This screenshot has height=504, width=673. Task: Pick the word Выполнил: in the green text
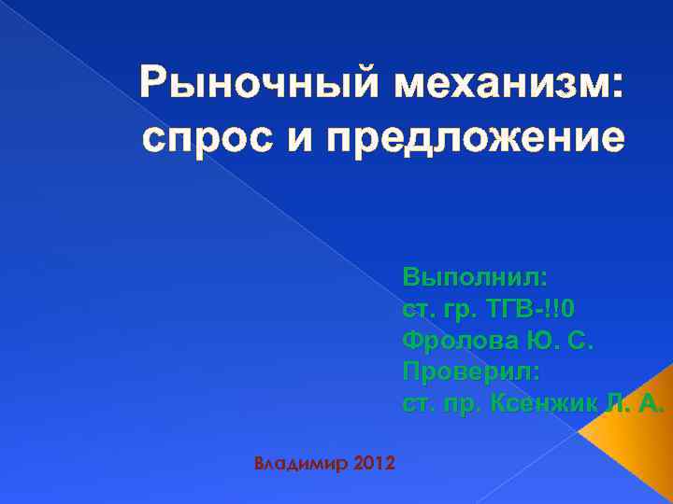[x=477, y=277]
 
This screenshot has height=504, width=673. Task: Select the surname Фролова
[x=458, y=342]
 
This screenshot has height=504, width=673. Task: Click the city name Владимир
[x=302, y=463]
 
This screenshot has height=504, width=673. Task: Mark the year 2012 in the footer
[x=375, y=463]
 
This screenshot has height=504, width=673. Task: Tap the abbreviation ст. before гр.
[x=418, y=310]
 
